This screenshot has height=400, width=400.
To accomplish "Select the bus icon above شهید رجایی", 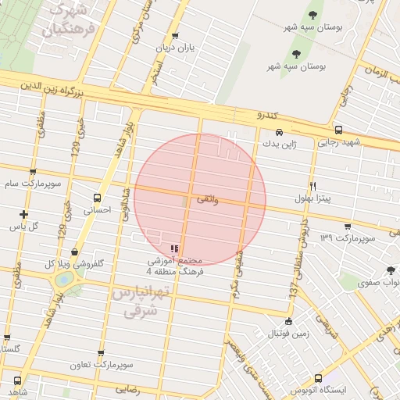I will click(337, 130).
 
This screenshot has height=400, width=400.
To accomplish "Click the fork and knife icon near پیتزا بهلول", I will click(313, 186).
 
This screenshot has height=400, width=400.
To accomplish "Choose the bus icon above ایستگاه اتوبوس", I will click(317, 377).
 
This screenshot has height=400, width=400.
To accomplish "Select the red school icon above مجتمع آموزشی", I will click(173, 248).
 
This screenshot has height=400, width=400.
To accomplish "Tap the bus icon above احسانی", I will click(97, 198).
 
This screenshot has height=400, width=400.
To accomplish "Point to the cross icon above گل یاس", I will click(24, 214).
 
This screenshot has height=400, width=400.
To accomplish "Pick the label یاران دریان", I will click(173, 47).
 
